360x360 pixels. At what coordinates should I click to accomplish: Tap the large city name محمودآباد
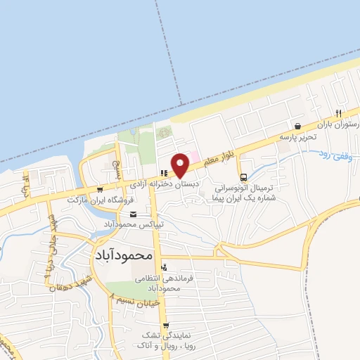(x=122, y=256)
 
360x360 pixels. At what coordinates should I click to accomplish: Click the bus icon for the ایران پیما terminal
(x=243, y=177)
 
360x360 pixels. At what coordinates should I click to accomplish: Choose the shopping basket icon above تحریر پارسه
(x=298, y=127)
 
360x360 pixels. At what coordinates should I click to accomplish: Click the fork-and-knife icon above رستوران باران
(x=338, y=113)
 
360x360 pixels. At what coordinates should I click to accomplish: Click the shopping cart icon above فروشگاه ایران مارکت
(x=100, y=189)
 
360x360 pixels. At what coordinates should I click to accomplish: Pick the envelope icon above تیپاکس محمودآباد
(x=134, y=214)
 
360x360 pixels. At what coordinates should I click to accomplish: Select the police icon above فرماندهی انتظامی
(x=165, y=266)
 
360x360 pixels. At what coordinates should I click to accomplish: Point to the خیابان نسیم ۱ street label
(x=138, y=300)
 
